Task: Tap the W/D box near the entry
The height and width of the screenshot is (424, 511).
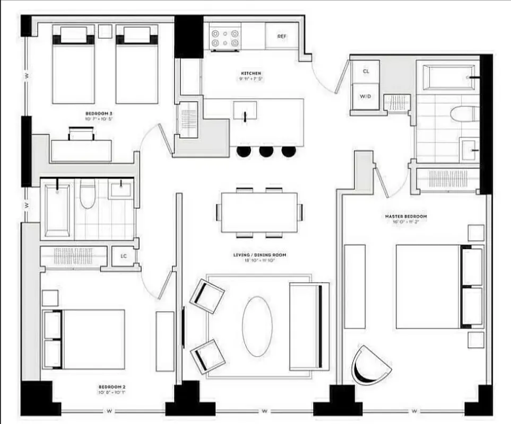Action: (x=366, y=96)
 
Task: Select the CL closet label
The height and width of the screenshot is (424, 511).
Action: (x=366, y=71)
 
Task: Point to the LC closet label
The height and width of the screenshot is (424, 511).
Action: (x=124, y=257)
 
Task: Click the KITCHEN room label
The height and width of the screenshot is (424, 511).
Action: (x=250, y=73)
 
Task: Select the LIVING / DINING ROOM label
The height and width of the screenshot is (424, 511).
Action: (x=259, y=255)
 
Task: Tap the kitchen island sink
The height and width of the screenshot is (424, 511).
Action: (x=245, y=110)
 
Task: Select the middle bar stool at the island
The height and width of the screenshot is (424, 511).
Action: (x=266, y=152)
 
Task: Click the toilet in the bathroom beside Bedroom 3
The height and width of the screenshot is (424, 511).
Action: (x=88, y=194)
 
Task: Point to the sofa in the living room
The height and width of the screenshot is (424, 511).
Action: (x=309, y=325)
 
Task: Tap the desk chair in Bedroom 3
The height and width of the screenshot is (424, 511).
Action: (x=81, y=134)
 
